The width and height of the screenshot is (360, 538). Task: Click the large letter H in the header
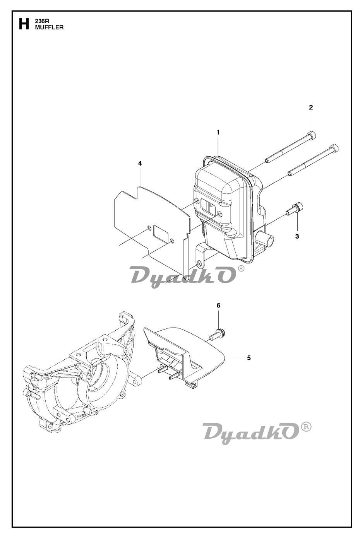[x=24, y=24]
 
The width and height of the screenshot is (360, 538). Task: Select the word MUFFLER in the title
[x=49, y=27]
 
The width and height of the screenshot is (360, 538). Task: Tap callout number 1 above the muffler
[x=218, y=132]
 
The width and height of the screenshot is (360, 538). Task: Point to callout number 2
[x=311, y=108]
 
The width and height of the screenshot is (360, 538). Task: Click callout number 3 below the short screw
[x=297, y=236]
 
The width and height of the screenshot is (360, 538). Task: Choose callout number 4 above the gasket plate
[x=140, y=163]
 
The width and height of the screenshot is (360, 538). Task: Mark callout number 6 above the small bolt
[x=218, y=306]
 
